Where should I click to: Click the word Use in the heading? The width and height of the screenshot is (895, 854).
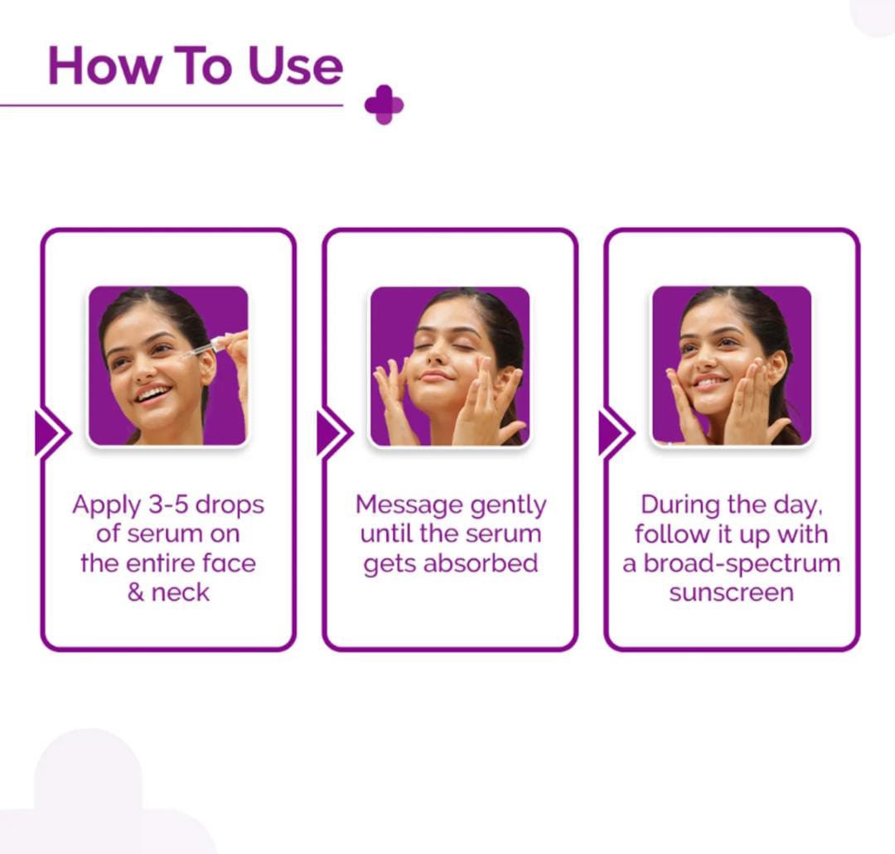point(295,65)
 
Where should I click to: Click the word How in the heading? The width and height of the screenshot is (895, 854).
point(104,65)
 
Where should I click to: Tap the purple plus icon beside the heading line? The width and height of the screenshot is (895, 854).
point(384,105)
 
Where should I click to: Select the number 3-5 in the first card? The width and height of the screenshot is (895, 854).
point(165,504)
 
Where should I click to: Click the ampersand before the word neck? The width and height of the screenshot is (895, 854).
point(136,592)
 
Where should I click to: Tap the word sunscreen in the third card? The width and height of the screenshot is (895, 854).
point(731,592)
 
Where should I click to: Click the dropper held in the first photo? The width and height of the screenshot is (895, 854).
point(207,345)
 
